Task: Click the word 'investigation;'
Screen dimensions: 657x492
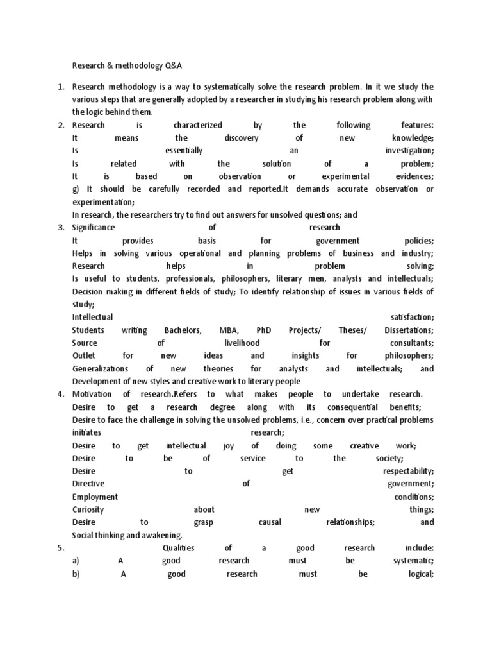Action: pos(409,151)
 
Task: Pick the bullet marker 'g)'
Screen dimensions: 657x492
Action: pos(77,189)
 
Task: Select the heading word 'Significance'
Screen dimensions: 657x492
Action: pos(94,228)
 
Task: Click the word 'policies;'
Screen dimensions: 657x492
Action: pos(417,241)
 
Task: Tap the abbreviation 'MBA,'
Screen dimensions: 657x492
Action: pos(229,330)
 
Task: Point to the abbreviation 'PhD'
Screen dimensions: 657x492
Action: pos(263,330)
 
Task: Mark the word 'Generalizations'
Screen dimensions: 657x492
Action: pos(100,369)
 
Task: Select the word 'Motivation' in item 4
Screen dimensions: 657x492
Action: pos(92,394)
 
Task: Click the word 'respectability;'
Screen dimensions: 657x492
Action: pos(404,471)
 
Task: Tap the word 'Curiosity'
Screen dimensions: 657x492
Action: pos(88,509)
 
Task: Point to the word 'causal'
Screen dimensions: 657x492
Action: pos(270,522)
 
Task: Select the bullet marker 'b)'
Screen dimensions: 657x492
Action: pos(76,574)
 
